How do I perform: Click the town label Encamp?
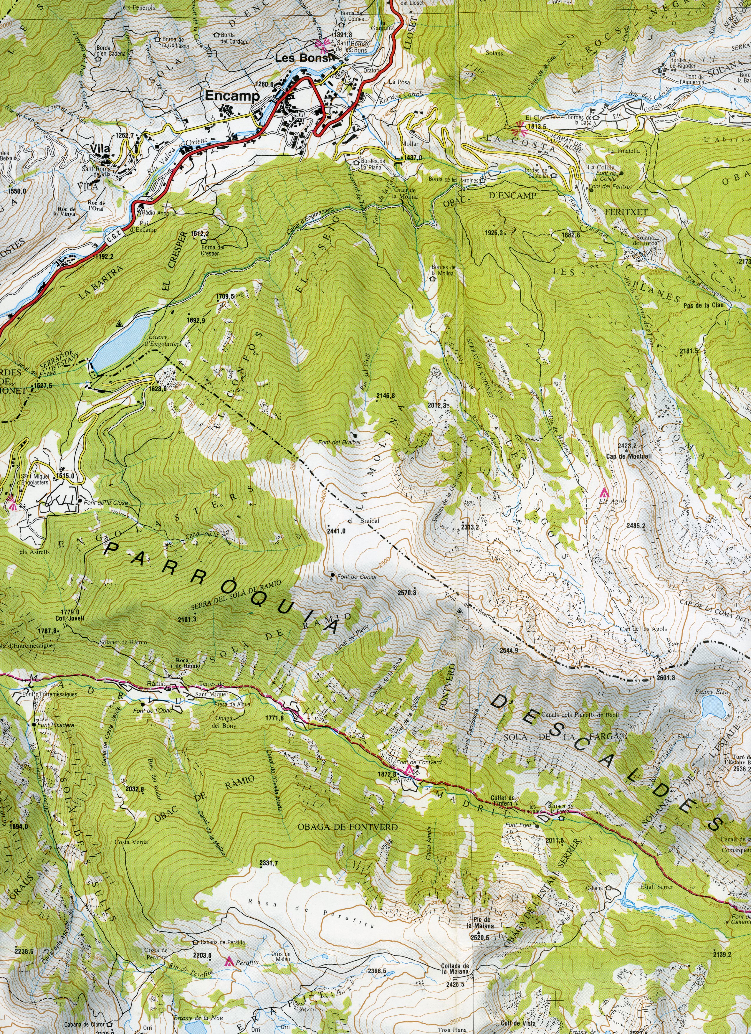coord(232,96)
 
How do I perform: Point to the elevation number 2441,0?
coord(336,531)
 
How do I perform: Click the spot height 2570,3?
coord(407,593)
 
